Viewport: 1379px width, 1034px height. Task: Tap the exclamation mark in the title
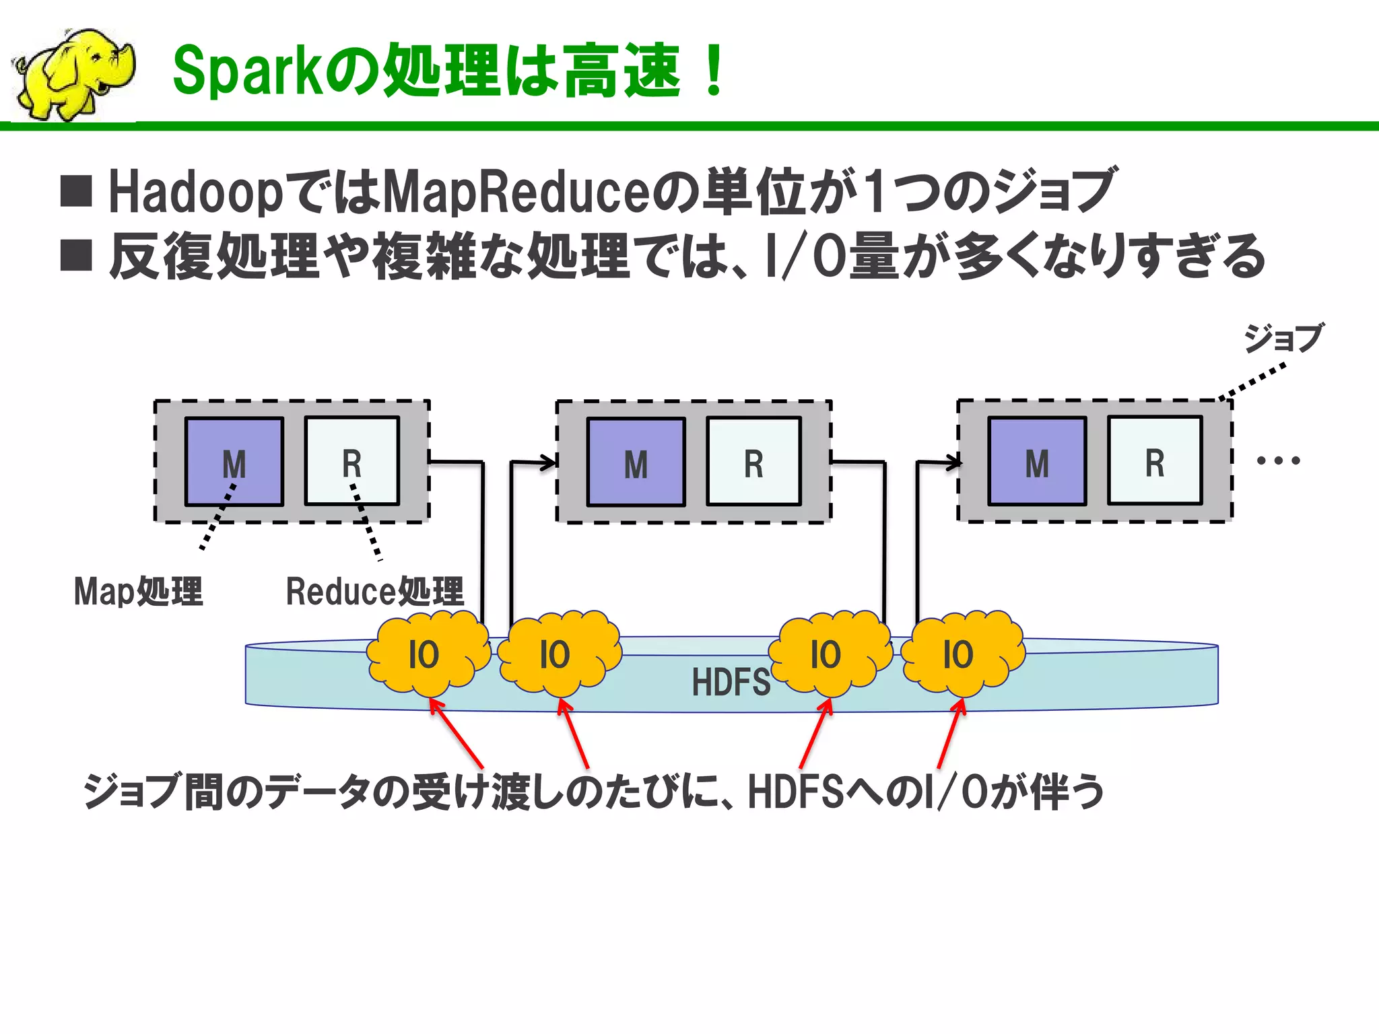point(713,70)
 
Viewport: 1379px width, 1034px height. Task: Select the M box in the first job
point(234,462)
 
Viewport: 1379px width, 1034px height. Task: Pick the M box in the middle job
point(636,462)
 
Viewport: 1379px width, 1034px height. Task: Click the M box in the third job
point(1037,461)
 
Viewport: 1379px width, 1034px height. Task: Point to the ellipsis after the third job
point(1278,461)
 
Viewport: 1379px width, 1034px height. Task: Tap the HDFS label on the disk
point(731,682)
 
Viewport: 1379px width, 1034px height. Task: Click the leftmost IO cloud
point(426,654)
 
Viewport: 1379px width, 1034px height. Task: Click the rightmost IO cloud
point(960,654)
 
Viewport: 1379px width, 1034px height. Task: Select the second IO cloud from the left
point(557,654)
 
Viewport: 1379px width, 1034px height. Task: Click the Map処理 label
point(138,592)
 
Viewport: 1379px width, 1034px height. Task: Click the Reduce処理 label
point(374,592)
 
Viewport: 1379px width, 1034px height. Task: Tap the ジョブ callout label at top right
point(1283,337)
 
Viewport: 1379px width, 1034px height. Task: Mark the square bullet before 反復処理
point(76,255)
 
